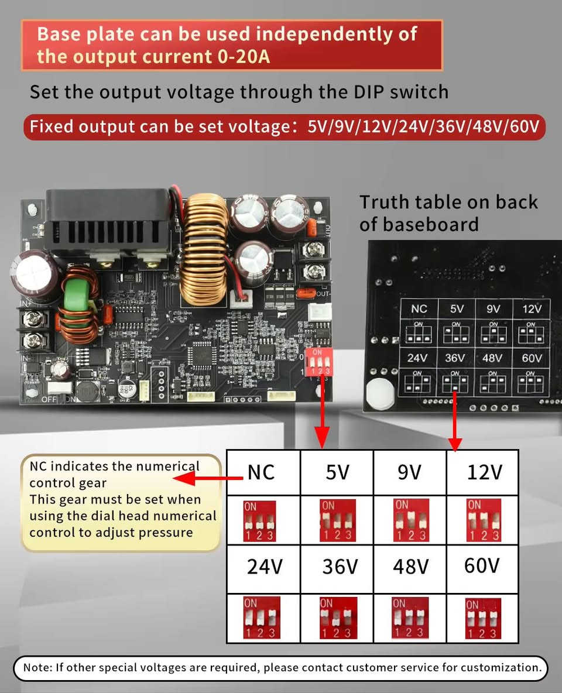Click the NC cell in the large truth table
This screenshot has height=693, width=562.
tap(261, 472)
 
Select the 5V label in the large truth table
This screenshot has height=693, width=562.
tap(337, 472)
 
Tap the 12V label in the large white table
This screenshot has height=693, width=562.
tap(484, 472)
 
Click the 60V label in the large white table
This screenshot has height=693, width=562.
tap(482, 565)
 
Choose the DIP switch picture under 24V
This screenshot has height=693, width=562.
tap(262, 618)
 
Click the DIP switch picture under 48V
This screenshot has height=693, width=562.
tap(409, 618)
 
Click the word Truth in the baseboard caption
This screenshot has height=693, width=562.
tap(385, 202)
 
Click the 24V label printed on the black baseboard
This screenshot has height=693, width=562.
tap(417, 358)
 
